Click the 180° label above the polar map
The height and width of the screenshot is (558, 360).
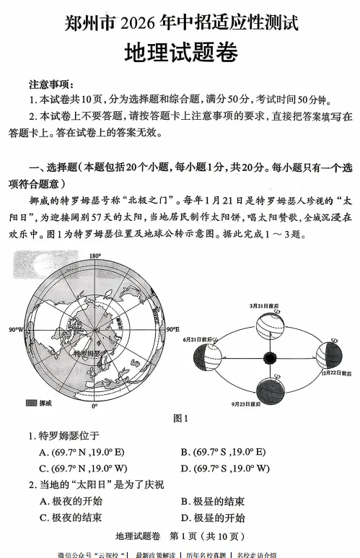95,256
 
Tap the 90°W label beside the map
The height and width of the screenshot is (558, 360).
16,330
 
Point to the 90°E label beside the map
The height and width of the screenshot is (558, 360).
173,330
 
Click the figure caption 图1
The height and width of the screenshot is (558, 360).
180,418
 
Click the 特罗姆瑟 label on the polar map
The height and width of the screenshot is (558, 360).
90,354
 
